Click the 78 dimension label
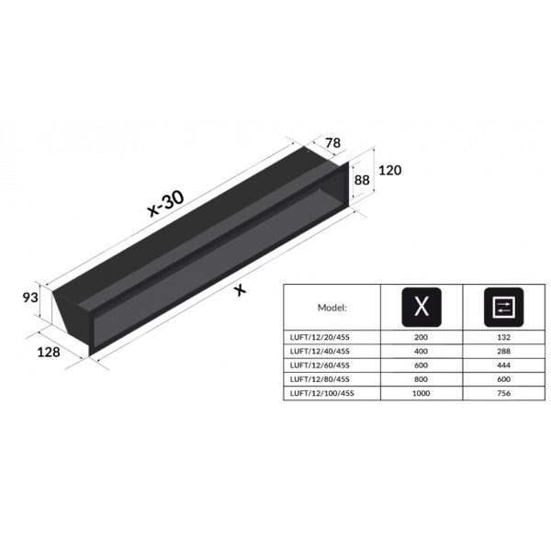[332, 143]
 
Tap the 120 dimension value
[389, 171]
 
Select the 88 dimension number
[362, 180]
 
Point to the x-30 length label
[165, 204]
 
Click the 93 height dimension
[30, 298]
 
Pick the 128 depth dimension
[49, 352]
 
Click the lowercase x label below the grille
[240, 290]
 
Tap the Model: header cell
[332, 308]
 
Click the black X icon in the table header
[422, 307]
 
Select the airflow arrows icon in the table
[503, 307]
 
